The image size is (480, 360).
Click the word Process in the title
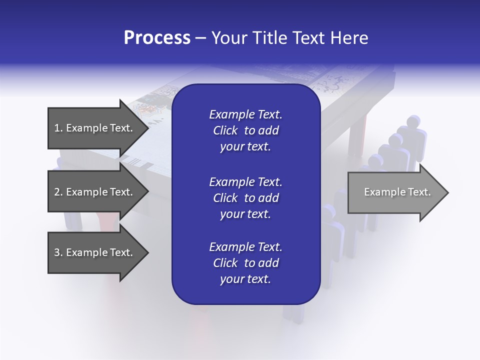tap(157, 38)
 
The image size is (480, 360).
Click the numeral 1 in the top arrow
tap(56, 128)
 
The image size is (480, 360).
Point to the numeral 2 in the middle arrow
tap(57, 192)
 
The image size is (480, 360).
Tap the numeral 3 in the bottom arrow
tap(57, 252)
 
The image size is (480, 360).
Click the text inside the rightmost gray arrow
tap(397, 192)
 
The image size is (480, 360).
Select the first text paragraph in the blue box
tap(245, 130)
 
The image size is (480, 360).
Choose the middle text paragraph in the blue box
tap(245, 198)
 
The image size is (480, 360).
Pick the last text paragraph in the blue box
tap(245, 263)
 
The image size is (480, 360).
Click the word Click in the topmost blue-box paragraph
tap(225, 130)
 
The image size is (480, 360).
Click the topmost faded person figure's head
tap(413, 121)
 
